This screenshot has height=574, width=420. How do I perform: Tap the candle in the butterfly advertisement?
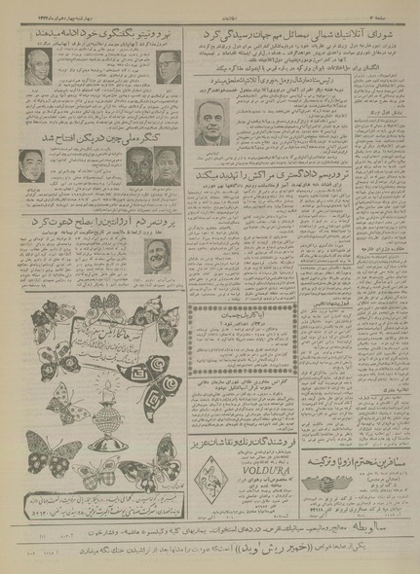[x=99, y=384]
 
